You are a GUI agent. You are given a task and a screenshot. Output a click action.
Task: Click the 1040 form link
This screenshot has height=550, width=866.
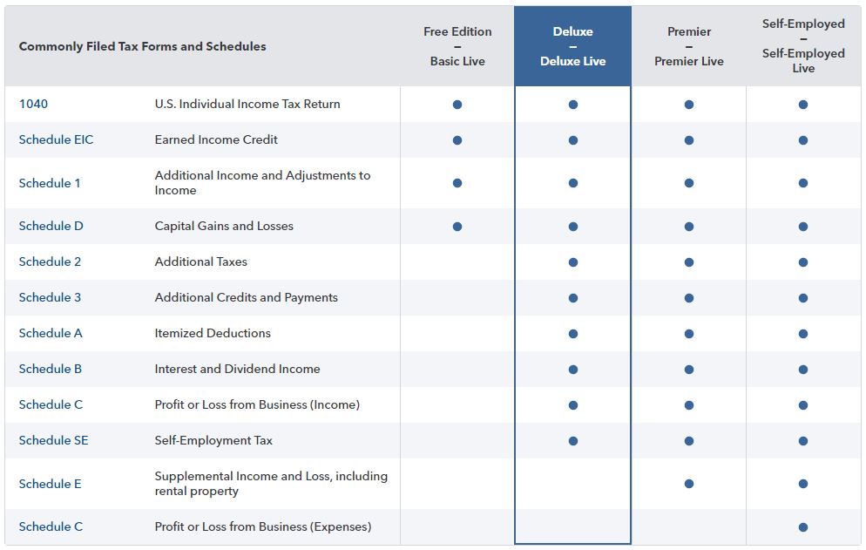pyautogui.click(x=33, y=104)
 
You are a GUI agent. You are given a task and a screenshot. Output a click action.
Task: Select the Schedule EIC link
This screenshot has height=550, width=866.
pyautogui.click(x=56, y=139)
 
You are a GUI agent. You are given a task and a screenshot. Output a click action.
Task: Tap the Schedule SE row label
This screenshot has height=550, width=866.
pyautogui.click(x=53, y=440)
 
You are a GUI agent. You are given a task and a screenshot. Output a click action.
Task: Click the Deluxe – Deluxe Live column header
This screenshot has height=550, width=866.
pyautogui.click(x=572, y=46)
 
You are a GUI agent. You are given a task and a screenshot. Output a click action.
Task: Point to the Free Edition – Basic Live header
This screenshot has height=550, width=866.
pyautogui.click(x=457, y=46)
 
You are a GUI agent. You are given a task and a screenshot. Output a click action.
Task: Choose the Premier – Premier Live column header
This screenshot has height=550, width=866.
pyautogui.click(x=689, y=46)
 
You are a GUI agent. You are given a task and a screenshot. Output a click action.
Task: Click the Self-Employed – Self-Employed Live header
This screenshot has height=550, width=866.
pyautogui.click(x=803, y=46)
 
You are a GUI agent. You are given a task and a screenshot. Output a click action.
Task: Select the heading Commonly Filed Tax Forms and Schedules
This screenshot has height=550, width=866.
pyautogui.click(x=143, y=46)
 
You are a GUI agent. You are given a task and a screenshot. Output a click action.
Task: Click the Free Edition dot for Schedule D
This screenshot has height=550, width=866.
pyautogui.click(x=457, y=227)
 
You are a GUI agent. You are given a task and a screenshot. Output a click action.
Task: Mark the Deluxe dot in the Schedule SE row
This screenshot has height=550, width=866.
pyautogui.click(x=573, y=441)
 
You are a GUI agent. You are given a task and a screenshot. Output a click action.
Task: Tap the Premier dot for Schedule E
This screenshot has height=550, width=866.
pyautogui.click(x=689, y=484)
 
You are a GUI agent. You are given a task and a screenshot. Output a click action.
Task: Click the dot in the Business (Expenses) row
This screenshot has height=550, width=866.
pyautogui.click(x=803, y=527)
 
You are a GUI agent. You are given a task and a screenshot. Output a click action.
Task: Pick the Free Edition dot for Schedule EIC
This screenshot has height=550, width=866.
pyautogui.click(x=457, y=140)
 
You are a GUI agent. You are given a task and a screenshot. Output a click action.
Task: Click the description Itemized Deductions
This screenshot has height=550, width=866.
pyautogui.click(x=213, y=333)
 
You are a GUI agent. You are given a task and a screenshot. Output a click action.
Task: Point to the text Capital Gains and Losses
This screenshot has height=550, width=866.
pyautogui.click(x=224, y=226)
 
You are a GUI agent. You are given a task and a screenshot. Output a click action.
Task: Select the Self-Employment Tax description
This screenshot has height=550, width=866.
pyautogui.click(x=213, y=440)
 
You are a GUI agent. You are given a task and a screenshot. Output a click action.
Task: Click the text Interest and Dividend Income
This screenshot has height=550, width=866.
pyautogui.click(x=237, y=370)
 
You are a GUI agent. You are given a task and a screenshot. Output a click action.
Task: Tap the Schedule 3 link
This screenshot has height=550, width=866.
pyautogui.click(x=50, y=297)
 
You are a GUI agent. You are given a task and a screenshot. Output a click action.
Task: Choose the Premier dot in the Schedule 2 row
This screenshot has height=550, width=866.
pyautogui.click(x=689, y=262)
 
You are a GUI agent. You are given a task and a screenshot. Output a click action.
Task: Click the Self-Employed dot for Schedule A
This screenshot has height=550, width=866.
pyautogui.click(x=803, y=334)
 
